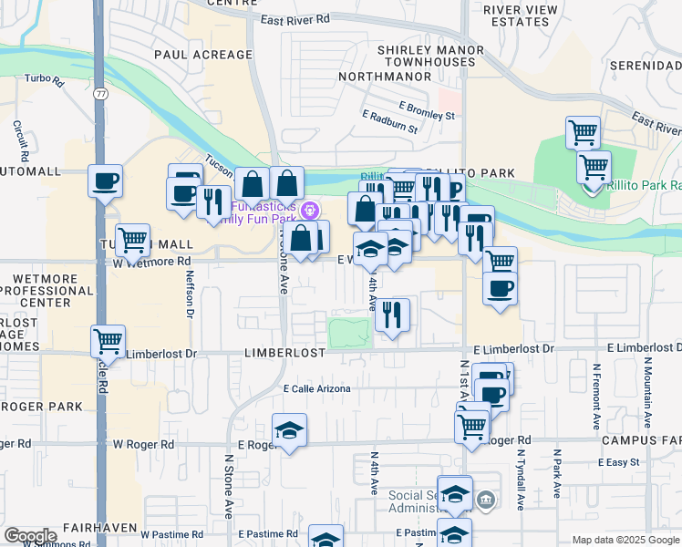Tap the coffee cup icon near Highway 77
[x=105, y=180]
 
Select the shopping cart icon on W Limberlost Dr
[x=108, y=342]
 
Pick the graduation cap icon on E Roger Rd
[x=289, y=430]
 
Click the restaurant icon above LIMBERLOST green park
[x=392, y=315]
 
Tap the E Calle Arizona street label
[x=316, y=389]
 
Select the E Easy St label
[x=619, y=463]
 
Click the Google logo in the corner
[x=30, y=536]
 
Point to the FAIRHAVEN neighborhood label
[x=100, y=528]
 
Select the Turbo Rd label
[x=45, y=80]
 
